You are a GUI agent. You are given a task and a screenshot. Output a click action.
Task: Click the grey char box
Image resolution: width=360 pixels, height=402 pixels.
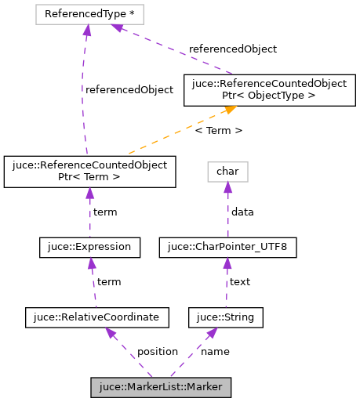[x=227, y=171]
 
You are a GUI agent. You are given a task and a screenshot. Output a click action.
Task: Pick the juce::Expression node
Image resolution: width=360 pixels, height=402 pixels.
[x=90, y=248]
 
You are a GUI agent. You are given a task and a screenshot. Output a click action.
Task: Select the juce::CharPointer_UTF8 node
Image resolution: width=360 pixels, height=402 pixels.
[x=227, y=248]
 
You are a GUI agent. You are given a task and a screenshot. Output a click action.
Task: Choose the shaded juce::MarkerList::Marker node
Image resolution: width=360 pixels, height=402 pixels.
[x=162, y=387]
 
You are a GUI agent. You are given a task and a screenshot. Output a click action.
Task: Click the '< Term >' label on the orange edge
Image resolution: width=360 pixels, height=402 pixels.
[x=218, y=130]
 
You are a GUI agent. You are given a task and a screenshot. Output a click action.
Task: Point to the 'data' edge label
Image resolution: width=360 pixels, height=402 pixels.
[x=242, y=212]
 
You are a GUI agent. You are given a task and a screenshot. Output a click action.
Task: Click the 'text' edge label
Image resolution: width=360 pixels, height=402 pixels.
[x=239, y=281]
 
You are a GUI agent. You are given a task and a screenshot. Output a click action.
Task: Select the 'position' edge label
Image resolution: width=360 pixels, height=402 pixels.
[x=158, y=351]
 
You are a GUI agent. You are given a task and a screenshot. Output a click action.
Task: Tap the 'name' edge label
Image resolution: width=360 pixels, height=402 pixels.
[x=215, y=351]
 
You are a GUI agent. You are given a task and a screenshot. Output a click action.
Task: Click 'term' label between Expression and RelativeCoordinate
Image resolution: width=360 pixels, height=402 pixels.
[x=108, y=281]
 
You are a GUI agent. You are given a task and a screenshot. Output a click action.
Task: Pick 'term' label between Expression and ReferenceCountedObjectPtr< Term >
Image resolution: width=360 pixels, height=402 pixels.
[x=105, y=212]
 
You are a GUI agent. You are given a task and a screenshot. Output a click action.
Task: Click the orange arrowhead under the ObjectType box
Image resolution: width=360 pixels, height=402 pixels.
[x=229, y=111]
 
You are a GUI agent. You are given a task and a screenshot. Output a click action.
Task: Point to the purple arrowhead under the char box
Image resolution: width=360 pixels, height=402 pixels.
[x=227, y=187]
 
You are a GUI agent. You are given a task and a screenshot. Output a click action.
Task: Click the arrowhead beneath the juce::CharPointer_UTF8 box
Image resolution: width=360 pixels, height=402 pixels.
[x=227, y=263]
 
